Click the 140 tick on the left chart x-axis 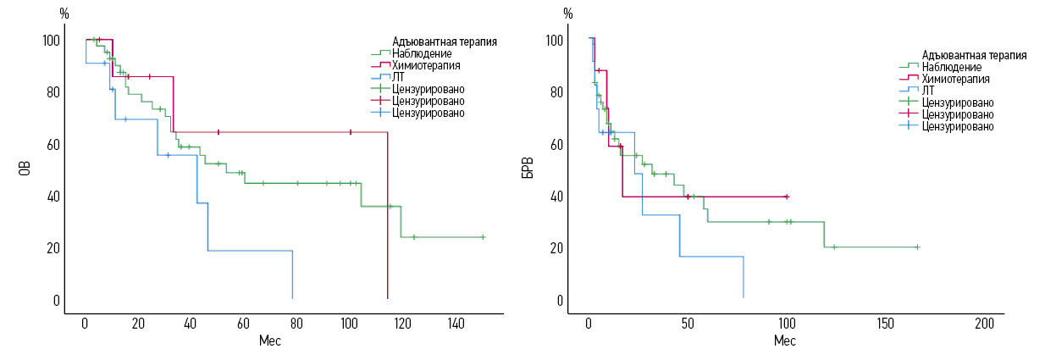[456, 324]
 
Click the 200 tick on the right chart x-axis [985, 324]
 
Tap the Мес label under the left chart [269, 341]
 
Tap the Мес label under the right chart [784, 341]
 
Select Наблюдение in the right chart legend [952, 67]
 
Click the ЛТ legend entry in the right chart [928, 90]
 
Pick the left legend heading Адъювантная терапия [444, 41]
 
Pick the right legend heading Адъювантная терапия [974, 55]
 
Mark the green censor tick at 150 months [483, 237]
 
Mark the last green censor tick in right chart [917, 247]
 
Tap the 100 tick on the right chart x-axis [787, 324]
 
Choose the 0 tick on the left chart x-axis [85, 324]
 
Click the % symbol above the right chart [567, 14]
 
